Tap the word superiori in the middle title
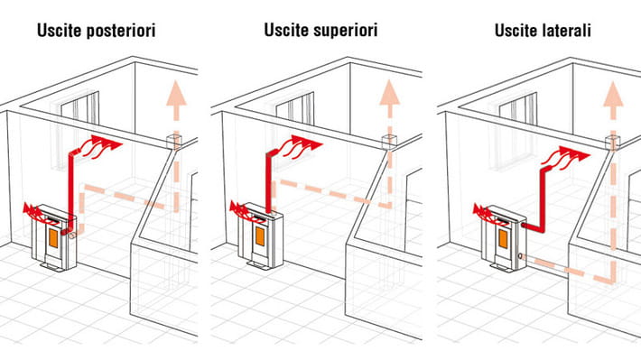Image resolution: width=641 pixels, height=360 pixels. (344, 31)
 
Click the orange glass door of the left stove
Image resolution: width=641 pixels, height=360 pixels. (52, 238)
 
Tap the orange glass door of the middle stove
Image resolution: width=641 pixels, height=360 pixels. (260, 236)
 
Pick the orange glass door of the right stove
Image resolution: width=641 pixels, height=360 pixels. (503, 239)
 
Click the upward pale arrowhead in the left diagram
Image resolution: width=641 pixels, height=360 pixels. (176, 93)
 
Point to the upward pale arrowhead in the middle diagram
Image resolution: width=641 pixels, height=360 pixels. (390, 92)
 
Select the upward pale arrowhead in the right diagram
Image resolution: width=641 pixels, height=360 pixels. (613, 94)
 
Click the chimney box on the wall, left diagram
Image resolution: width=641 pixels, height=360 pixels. (173, 141)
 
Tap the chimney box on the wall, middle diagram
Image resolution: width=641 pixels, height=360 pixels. (389, 141)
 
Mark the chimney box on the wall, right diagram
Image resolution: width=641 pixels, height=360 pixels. (612, 142)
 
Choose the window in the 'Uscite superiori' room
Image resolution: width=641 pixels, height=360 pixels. (295, 108)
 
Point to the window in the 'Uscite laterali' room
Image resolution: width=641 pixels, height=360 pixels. (518, 108)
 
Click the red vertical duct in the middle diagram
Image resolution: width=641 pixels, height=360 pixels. (268, 183)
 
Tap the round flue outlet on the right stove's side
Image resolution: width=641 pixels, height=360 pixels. (520, 257)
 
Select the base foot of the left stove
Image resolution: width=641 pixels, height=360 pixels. (52, 266)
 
